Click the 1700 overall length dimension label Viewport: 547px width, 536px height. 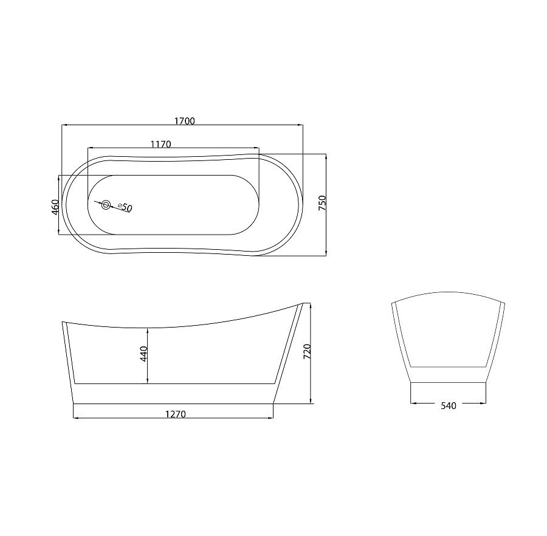(185, 121)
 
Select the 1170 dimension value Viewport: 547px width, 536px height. (161, 144)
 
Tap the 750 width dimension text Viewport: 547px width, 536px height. (322, 203)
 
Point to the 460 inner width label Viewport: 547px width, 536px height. (55, 207)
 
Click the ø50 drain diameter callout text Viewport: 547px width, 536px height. (125, 207)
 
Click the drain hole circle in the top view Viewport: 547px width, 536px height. (106, 205)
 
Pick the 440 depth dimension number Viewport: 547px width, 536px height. (143, 354)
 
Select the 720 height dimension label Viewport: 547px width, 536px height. (307, 351)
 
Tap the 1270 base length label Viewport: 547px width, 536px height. (176, 414)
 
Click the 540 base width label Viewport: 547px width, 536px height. (449, 405)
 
